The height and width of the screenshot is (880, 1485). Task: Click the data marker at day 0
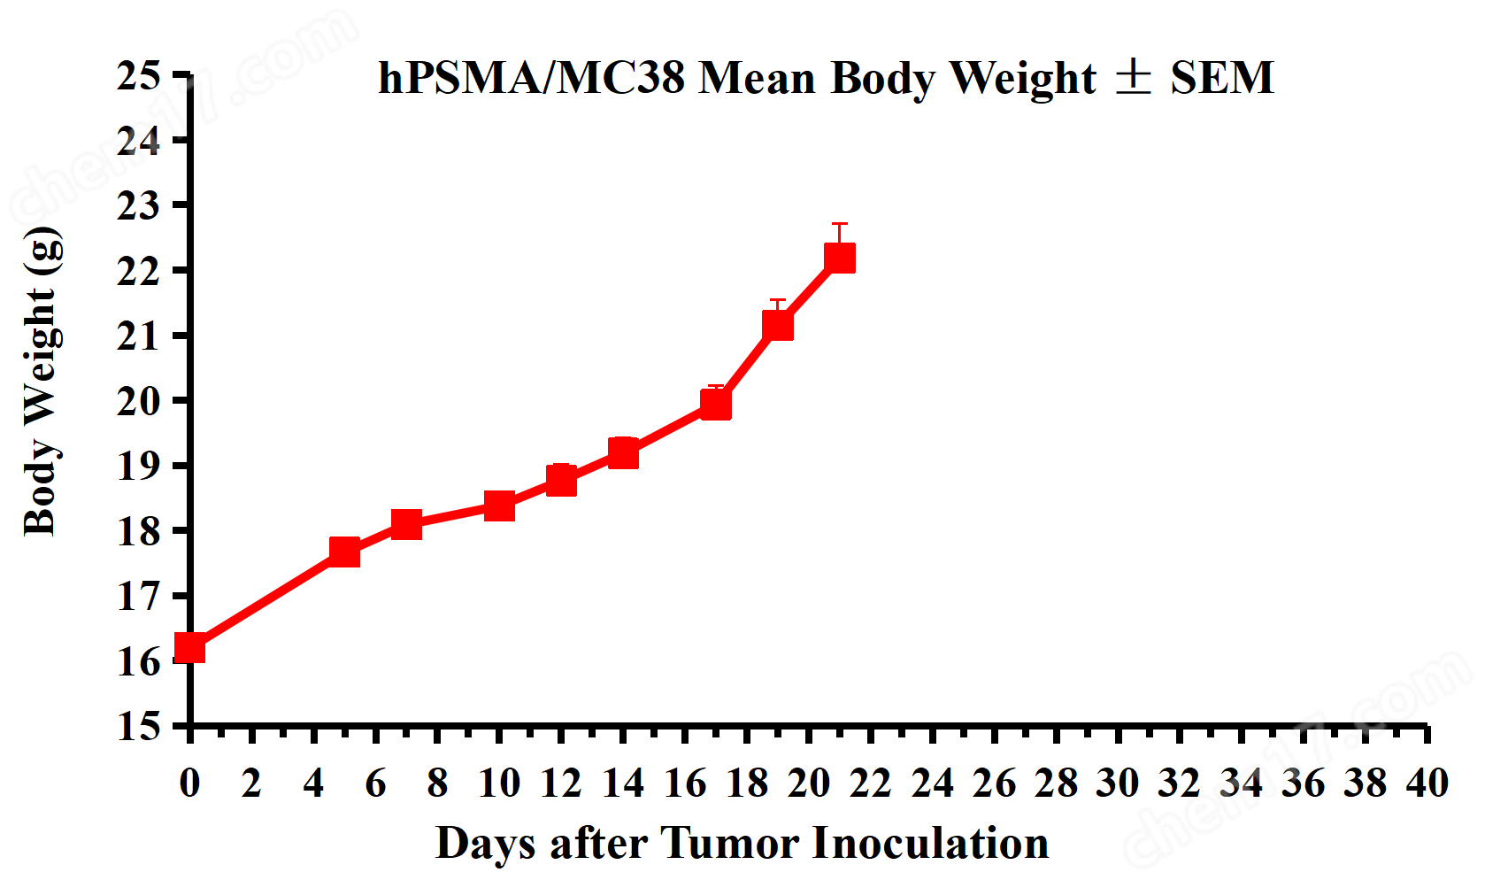pyautogui.click(x=189, y=648)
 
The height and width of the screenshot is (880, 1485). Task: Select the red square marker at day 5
pyautogui.click(x=344, y=552)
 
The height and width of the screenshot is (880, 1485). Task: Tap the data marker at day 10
pyautogui.click(x=499, y=506)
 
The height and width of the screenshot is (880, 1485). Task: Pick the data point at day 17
pyautogui.click(x=716, y=404)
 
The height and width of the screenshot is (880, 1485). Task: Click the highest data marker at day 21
pyautogui.click(x=840, y=258)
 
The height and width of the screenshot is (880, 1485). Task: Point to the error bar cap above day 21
pyautogui.click(x=840, y=224)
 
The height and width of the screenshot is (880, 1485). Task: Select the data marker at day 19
pyautogui.click(x=778, y=326)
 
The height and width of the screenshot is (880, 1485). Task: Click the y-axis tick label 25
pyautogui.click(x=139, y=76)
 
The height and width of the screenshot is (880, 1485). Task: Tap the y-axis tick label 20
pyautogui.click(x=139, y=401)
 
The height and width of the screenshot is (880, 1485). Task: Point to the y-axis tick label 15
pyautogui.click(x=139, y=726)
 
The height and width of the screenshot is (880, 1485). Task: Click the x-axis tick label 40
pyautogui.click(x=1427, y=784)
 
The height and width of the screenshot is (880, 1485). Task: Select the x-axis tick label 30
pyautogui.click(x=1118, y=784)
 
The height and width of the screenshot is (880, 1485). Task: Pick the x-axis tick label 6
pyautogui.click(x=375, y=784)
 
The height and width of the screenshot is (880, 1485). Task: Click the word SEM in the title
pyautogui.click(x=1222, y=78)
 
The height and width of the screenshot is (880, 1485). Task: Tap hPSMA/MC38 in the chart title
pyautogui.click(x=531, y=78)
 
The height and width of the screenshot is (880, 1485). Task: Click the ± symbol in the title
pyautogui.click(x=1133, y=77)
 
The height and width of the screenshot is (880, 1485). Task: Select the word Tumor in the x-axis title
pyautogui.click(x=729, y=843)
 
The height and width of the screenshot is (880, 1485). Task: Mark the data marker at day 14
pyautogui.click(x=623, y=452)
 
